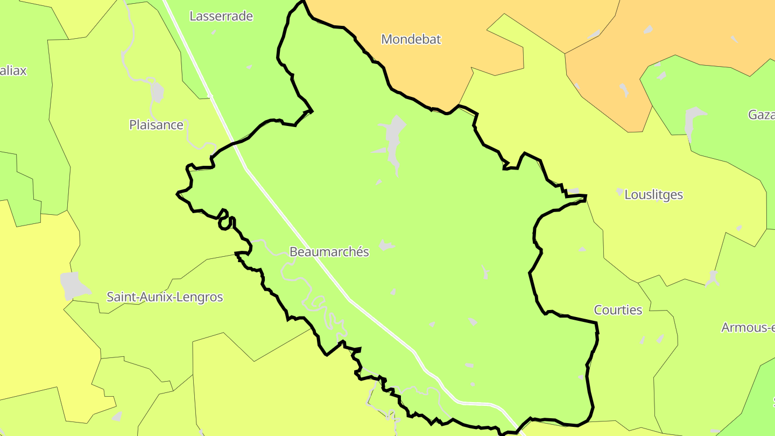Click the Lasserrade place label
pos(221,16)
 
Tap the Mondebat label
pos(411,39)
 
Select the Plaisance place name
pos(156,125)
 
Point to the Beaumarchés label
pos(329,252)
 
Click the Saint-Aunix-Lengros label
pos(165,297)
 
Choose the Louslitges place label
pos(653,195)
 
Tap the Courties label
pos(618,310)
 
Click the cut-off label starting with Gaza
pos(761,115)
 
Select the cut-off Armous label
pos(748,328)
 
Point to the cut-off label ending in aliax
pos(13,71)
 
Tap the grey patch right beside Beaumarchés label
pos(385,246)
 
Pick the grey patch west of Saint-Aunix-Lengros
pos(73,285)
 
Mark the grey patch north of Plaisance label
pos(157,92)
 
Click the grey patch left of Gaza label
pos(693,121)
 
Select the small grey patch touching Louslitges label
pos(620,192)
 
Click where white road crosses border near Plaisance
pos(235,144)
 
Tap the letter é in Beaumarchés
pos(358,252)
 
